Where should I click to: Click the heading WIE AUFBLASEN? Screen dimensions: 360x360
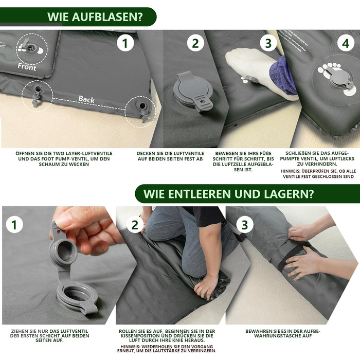[95, 17]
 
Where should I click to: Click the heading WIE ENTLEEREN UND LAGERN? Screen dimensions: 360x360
[228, 194]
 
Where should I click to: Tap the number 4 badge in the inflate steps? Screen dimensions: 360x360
[346, 43]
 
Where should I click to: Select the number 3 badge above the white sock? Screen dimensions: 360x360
[268, 43]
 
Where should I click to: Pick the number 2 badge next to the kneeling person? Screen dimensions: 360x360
[135, 225]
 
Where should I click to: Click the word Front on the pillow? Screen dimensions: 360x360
[27, 67]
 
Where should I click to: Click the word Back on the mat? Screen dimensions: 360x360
[86, 99]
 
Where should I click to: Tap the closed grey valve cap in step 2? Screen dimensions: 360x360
[193, 91]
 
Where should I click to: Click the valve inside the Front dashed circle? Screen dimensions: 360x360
[30, 47]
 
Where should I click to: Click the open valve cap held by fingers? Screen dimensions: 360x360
[62, 248]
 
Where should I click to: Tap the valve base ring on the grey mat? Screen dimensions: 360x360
[77, 297]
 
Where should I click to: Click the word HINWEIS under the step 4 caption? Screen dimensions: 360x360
[290, 171]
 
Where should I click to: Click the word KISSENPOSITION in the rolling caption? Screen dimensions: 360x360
[140, 336]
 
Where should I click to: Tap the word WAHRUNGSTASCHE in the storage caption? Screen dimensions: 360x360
[283, 336]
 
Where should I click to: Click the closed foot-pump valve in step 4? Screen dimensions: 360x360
[338, 78]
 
